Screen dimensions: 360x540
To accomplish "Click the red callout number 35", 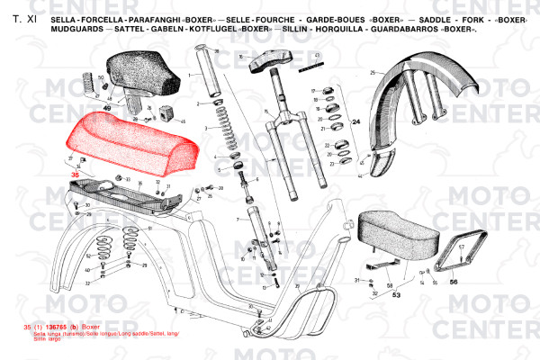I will (x=76, y=175).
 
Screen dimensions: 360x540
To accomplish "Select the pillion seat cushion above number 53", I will (x=396, y=232).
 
